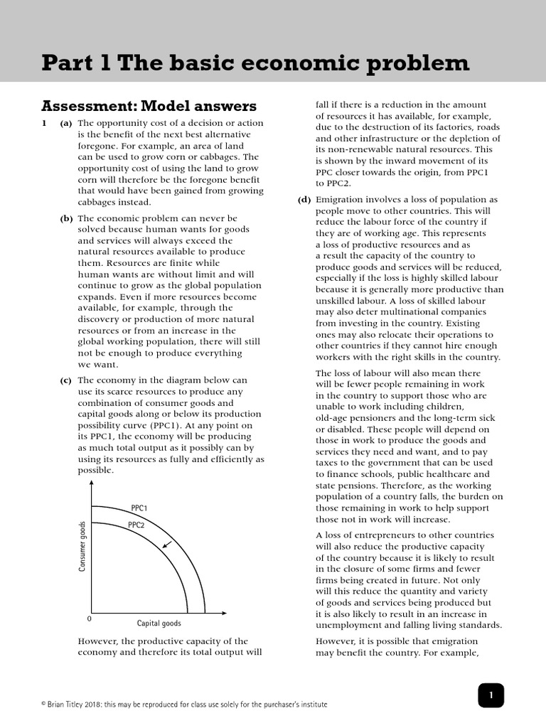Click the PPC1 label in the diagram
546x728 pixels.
click(x=139, y=508)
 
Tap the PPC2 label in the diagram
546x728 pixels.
click(x=136, y=525)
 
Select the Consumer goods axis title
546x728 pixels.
click(x=82, y=546)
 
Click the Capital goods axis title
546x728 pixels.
click(x=159, y=623)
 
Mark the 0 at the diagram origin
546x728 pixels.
click(x=89, y=619)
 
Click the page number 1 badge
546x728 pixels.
click(x=490, y=695)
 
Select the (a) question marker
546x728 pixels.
click(x=66, y=123)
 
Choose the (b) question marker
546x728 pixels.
click(x=66, y=218)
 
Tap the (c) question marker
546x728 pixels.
click(x=66, y=380)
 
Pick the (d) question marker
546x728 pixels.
click(x=304, y=200)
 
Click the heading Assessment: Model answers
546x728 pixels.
click(x=149, y=106)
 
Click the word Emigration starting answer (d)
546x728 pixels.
click(x=341, y=200)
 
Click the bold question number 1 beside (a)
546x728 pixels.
click(x=44, y=123)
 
